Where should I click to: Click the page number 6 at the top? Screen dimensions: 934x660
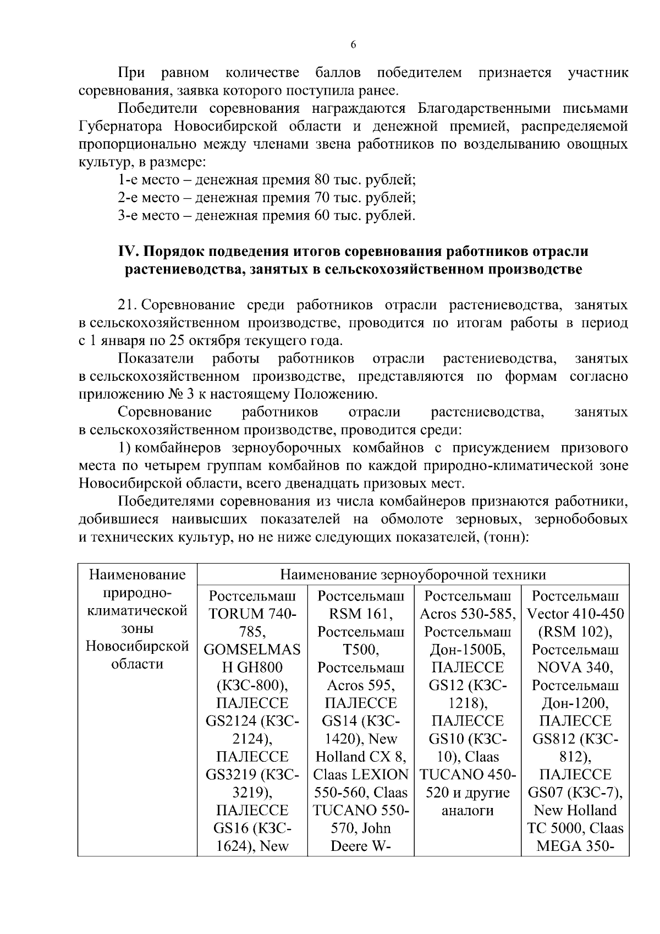[353, 45]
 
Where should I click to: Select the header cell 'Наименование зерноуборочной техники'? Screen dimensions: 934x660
[413, 575]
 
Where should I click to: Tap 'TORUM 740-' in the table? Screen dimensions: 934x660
[252, 614]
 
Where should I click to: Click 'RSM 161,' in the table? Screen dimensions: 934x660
[361, 614]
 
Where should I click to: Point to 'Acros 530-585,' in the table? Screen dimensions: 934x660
[468, 614]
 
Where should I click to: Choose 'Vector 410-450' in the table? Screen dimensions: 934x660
[575, 614]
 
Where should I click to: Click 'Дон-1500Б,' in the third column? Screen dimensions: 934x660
[468, 649]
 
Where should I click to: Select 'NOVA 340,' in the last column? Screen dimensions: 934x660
[575, 668]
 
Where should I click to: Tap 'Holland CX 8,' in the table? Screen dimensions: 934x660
[361, 757]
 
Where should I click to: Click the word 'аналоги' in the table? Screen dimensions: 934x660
[468, 810]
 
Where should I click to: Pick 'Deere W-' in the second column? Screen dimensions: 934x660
[361, 846]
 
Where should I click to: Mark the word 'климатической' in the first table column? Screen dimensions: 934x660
[138, 610]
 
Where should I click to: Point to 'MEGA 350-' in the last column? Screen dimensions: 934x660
[575, 846]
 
